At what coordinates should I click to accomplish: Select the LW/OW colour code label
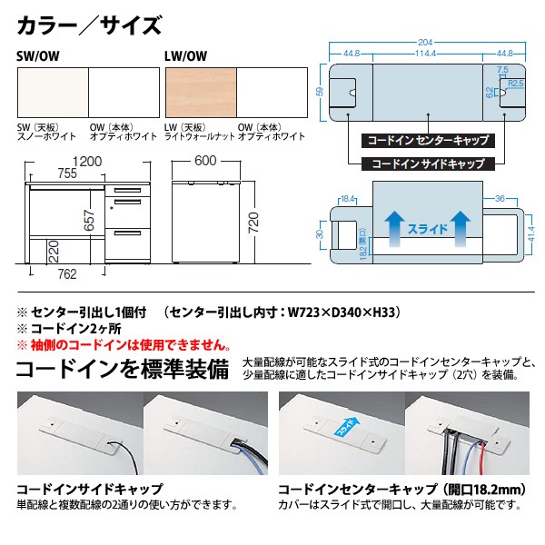coord(186,54)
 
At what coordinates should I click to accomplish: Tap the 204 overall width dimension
coord(426,42)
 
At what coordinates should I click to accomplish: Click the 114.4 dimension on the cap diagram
coord(426,53)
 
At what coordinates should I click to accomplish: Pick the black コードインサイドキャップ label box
coord(427,165)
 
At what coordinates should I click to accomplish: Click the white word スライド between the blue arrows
coord(427,228)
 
